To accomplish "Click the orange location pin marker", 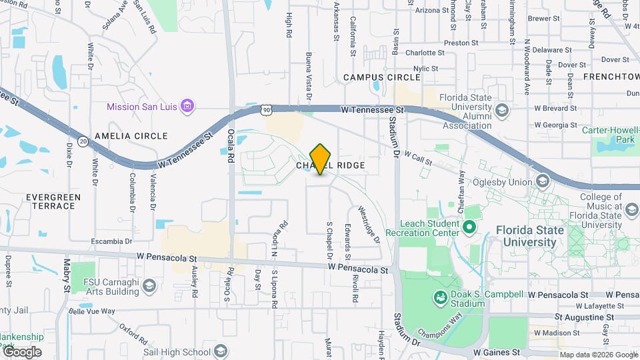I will pos(321,159).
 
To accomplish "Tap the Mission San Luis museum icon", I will pos(188,106).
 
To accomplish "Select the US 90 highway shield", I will pos(267,109).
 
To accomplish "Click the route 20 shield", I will pos(83,141).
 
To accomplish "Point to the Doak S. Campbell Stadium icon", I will pos(440,297).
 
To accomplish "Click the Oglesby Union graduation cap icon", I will pos(542,181).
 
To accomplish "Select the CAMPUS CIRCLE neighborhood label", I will pos(382,77).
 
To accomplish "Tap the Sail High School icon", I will pos(221,351).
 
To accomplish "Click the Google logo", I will pos(21,352).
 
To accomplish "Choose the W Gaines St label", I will pos(497,351).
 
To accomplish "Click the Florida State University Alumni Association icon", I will pos(501,111).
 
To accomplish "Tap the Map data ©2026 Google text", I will pos(598,355).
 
